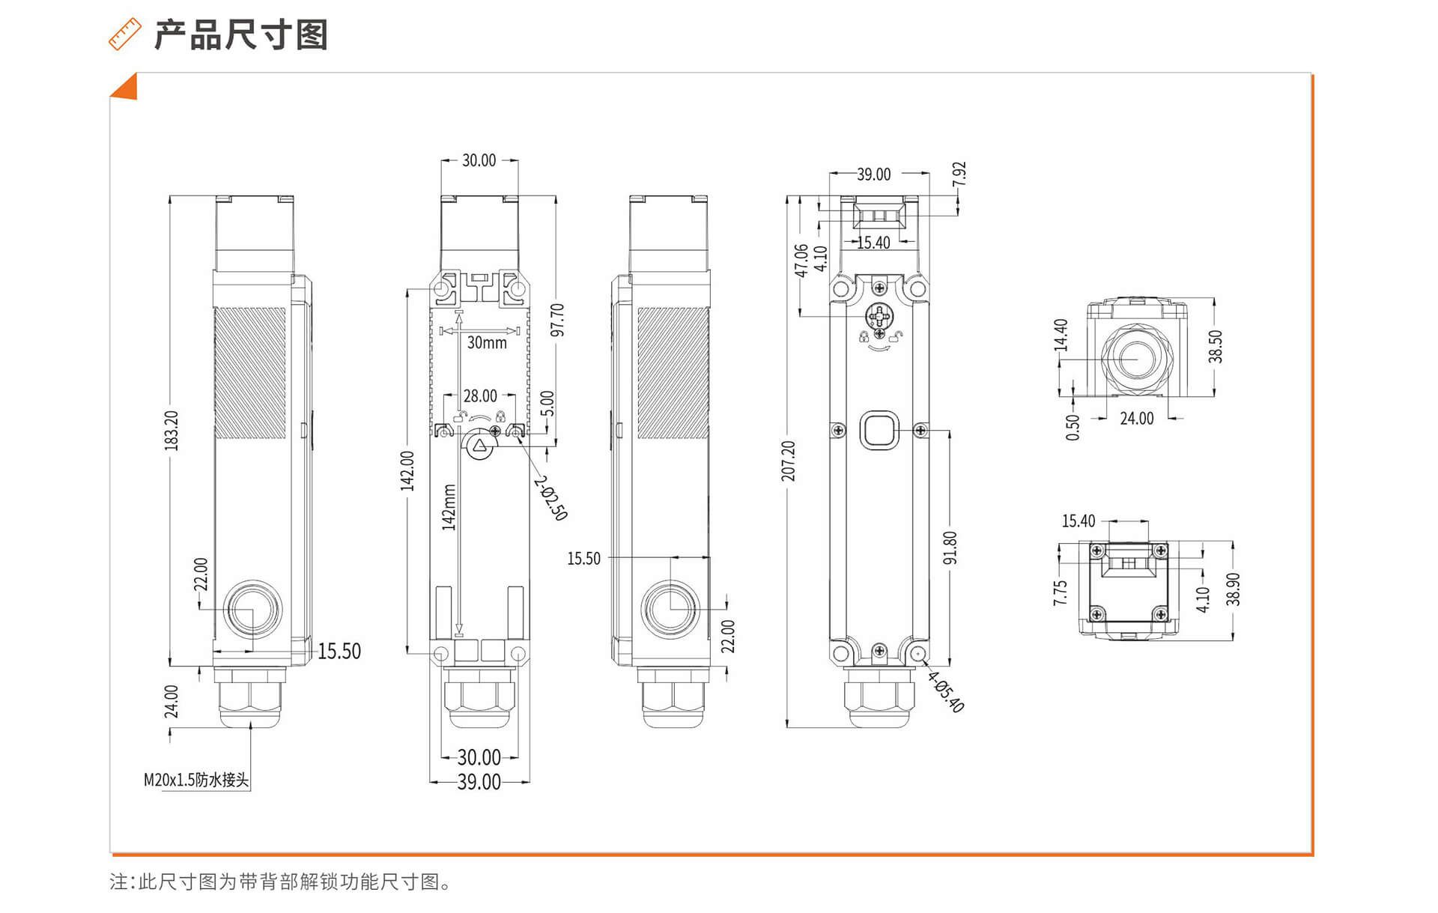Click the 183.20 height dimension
(172, 430)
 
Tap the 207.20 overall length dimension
(789, 461)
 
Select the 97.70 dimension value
(557, 320)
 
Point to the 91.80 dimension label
(950, 548)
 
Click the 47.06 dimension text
(801, 260)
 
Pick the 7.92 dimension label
(959, 174)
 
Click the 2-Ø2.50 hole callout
(551, 497)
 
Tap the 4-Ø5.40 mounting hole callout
(946, 691)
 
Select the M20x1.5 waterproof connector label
(196, 780)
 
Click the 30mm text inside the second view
(487, 343)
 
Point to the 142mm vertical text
(449, 507)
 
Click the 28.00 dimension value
(480, 395)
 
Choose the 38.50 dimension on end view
(1216, 346)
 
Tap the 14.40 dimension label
(1061, 335)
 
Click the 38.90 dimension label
(1234, 589)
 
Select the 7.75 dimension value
(1060, 592)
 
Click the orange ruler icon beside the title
(125, 34)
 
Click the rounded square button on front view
(879, 430)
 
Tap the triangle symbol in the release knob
(479, 445)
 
